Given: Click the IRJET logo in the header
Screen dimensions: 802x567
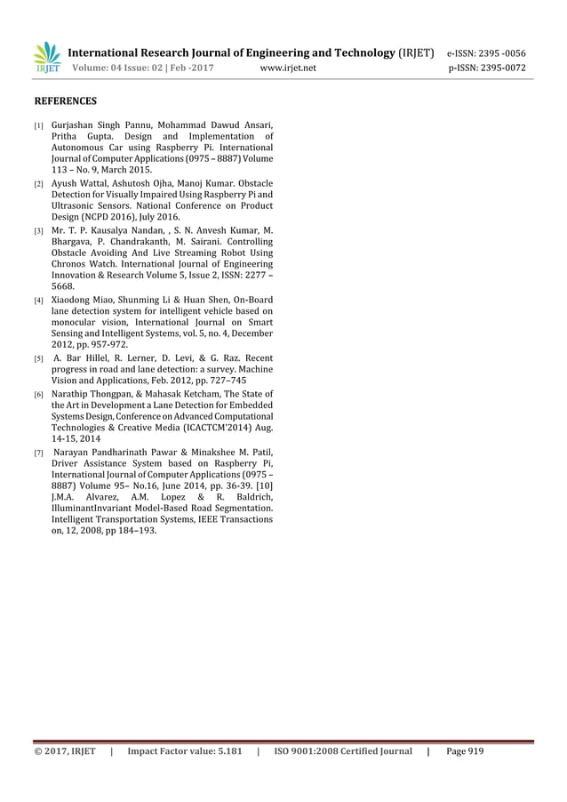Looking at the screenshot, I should [46, 58].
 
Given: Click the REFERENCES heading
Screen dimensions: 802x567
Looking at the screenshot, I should [65, 101].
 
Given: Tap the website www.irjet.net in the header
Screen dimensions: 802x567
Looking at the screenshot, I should [289, 67].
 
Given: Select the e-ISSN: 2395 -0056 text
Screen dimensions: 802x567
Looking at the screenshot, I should [485, 52].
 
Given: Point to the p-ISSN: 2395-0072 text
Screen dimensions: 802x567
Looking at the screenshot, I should [485, 67].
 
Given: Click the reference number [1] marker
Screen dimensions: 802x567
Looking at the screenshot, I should [38, 124].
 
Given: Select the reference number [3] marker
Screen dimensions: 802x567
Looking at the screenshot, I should [38, 230].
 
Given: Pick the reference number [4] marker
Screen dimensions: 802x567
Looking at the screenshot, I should [38, 301].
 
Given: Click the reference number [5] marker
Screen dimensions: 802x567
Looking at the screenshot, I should [38, 359].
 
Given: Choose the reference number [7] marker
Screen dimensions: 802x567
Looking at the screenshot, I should [38, 453].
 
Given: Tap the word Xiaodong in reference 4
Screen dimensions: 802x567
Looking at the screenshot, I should [73, 300].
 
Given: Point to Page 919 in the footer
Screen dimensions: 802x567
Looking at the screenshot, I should [465, 751].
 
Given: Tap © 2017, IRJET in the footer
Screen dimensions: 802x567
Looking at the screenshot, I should [65, 751].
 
